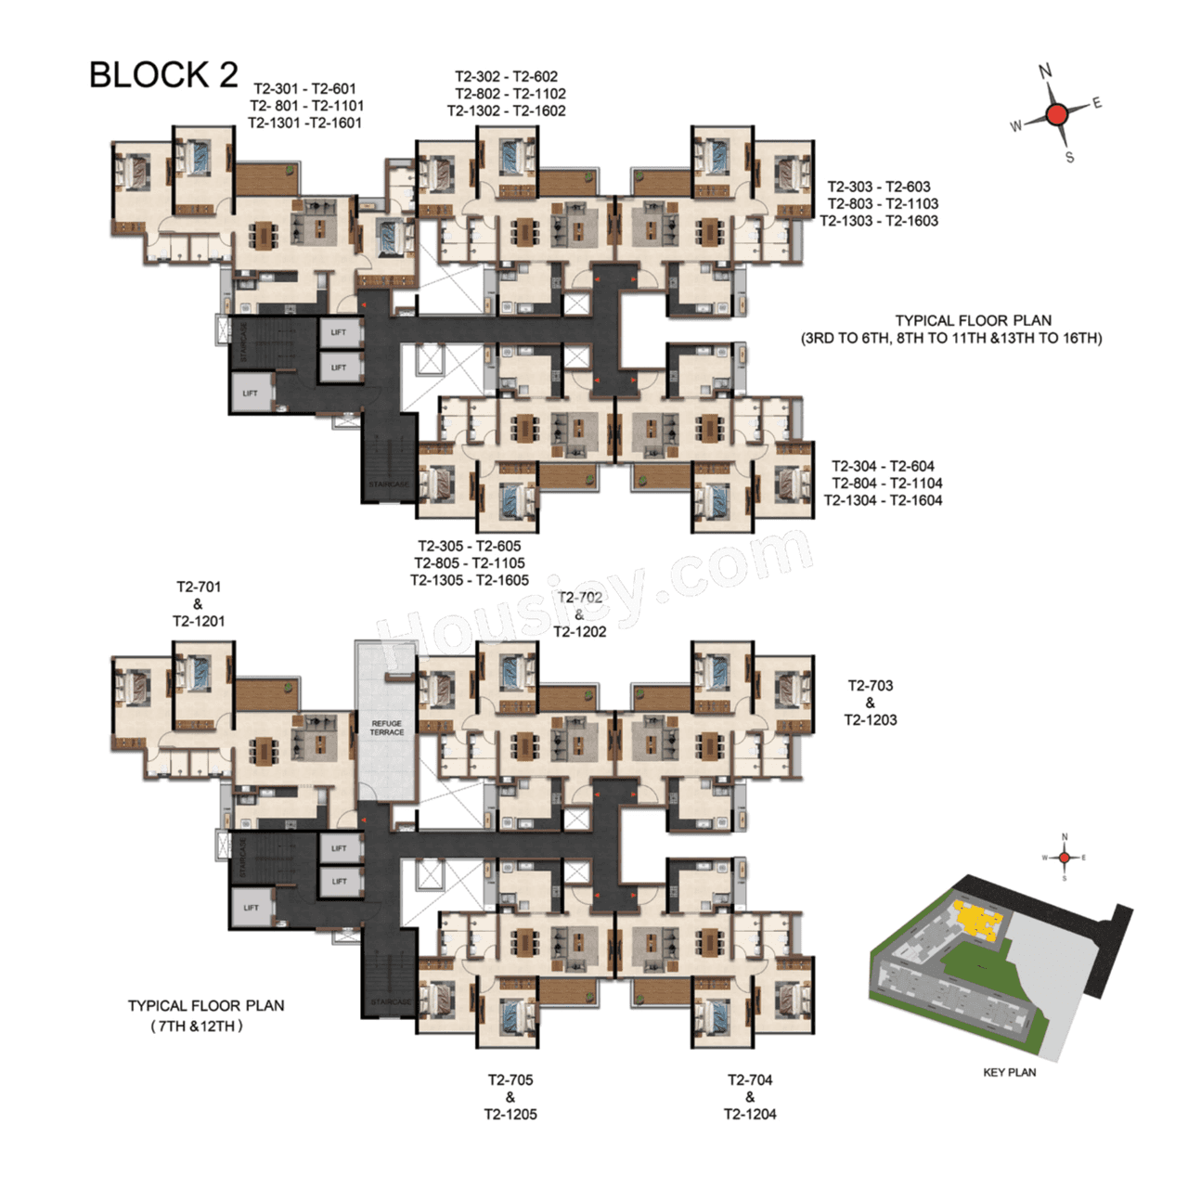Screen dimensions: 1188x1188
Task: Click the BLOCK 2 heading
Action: pyautogui.click(x=163, y=75)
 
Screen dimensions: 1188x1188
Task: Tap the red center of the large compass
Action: pyautogui.click(x=1056, y=114)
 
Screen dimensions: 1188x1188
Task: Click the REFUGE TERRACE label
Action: pyautogui.click(x=387, y=728)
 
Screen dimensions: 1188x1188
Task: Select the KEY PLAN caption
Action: pyautogui.click(x=1009, y=1072)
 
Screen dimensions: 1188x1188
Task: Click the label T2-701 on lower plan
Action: pyautogui.click(x=199, y=587)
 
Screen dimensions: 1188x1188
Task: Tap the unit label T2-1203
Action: pyautogui.click(x=870, y=720)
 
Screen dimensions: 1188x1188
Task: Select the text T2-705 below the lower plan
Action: pyautogui.click(x=510, y=1079)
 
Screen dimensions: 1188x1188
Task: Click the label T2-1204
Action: pyautogui.click(x=750, y=1114)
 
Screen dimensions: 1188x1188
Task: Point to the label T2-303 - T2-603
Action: pyautogui.click(x=878, y=187)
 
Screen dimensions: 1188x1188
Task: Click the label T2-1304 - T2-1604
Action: pyautogui.click(x=883, y=500)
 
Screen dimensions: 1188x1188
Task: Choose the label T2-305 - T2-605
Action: pyautogui.click(x=469, y=546)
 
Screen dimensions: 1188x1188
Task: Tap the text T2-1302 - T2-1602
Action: pyautogui.click(x=506, y=110)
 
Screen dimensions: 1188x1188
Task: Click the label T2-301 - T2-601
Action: pyautogui.click(x=304, y=88)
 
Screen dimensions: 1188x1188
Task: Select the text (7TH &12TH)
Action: pyautogui.click(x=197, y=1026)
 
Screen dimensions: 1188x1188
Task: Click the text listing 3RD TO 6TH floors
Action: pyautogui.click(x=951, y=338)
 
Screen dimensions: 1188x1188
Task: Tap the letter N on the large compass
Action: pyautogui.click(x=1045, y=71)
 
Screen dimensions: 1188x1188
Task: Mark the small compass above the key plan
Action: pyautogui.click(x=1065, y=858)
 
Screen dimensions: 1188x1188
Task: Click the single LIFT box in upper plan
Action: pyautogui.click(x=251, y=393)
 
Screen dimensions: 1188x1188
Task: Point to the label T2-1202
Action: pyautogui.click(x=580, y=631)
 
